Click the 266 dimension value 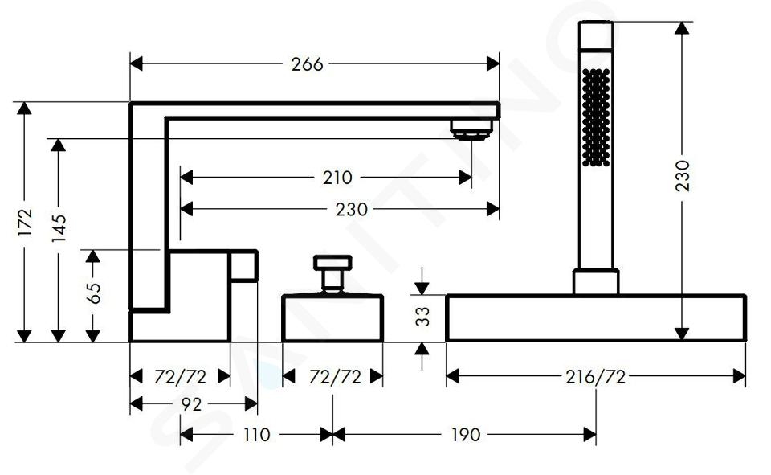pyautogui.click(x=307, y=64)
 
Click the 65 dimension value pyautogui.click(x=94, y=293)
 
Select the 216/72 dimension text pyautogui.click(x=595, y=376)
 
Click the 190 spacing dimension pyautogui.click(x=464, y=435)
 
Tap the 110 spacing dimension pyautogui.click(x=255, y=435)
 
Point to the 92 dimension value pyautogui.click(x=190, y=405)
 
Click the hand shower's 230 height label pyautogui.click(x=682, y=175)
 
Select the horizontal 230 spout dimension pyautogui.click(x=351, y=209)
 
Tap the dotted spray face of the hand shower pyautogui.click(x=596, y=117)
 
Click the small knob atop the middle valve pyautogui.click(x=331, y=265)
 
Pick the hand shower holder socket pyautogui.click(x=595, y=282)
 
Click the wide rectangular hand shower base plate pyautogui.click(x=595, y=318)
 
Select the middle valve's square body pyautogui.click(x=332, y=319)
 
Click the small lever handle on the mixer pyautogui.click(x=244, y=265)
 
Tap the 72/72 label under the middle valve pyautogui.click(x=332, y=376)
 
